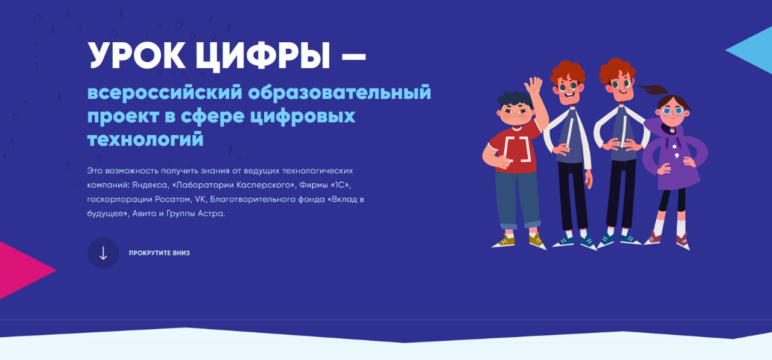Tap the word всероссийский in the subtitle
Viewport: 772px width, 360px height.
pyautogui.click(x=162, y=93)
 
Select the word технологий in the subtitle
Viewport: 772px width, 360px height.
pyautogui.click(x=145, y=139)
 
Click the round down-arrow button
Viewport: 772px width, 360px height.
pyautogui.click(x=103, y=253)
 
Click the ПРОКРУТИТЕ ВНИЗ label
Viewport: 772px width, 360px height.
pyautogui.click(x=159, y=253)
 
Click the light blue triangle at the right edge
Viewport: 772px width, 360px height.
pyautogui.click(x=754, y=50)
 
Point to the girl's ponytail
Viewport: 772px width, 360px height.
pyautogui.click(x=650, y=90)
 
